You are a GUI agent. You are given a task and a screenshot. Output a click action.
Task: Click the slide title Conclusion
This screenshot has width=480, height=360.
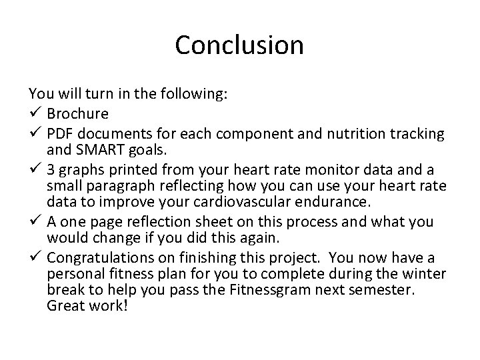tap(239, 45)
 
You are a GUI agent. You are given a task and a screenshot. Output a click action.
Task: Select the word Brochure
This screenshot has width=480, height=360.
tap(79, 113)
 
